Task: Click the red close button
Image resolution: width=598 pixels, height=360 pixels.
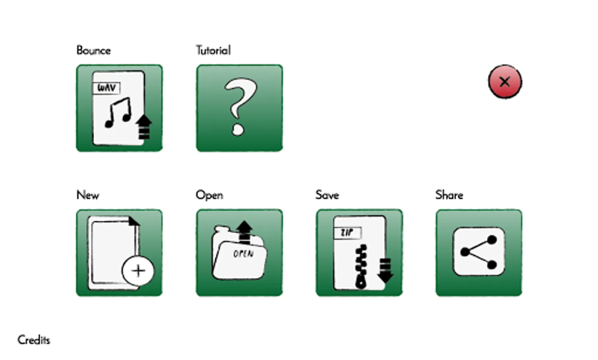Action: pyautogui.click(x=505, y=82)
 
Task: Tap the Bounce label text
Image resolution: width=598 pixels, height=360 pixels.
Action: pyautogui.click(x=94, y=50)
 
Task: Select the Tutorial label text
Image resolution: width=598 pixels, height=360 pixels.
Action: pyautogui.click(x=213, y=50)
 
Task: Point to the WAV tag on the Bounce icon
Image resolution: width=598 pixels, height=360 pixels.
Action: pyautogui.click(x=107, y=88)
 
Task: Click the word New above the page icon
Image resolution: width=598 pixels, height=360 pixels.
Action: pyautogui.click(x=88, y=195)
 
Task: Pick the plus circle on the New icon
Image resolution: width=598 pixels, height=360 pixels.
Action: pyautogui.click(x=138, y=271)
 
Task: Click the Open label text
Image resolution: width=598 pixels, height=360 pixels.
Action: pyautogui.click(x=209, y=195)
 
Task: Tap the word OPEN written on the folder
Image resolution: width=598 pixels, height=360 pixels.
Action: pyautogui.click(x=243, y=254)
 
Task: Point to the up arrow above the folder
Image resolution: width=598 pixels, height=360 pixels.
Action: pyautogui.click(x=244, y=231)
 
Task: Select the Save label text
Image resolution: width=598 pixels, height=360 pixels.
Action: pyautogui.click(x=327, y=195)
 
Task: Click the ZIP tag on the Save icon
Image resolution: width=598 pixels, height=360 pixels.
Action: pyautogui.click(x=347, y=233)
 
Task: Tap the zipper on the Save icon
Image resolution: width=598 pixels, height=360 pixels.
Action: pyautogui.click(x=361, y=266)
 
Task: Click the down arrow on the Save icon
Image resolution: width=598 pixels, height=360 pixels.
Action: pyautogui.click(x=385, y=270)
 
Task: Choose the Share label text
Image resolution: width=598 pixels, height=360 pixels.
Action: pyautogui.click(x=449, y=195)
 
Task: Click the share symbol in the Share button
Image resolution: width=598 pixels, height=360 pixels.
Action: pyautogui.click(x=479, y=252)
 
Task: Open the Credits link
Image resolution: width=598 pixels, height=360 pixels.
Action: pyautogui.click(x=34, y=340)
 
